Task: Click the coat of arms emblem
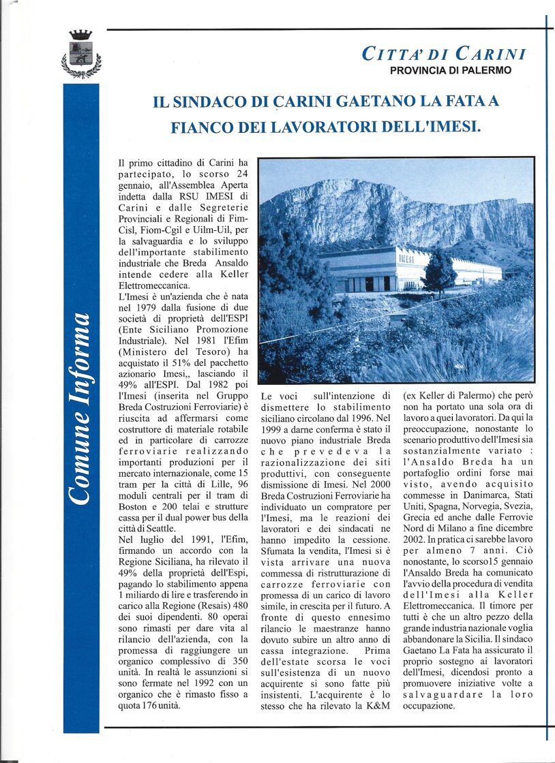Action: (81, 54)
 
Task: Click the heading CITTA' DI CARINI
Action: (444, 54)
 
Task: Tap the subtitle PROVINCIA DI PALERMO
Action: (451, 70)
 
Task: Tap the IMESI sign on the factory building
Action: (406, 260)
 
